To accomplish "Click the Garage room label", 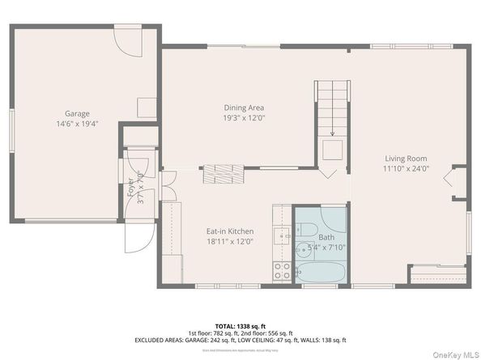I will point(77,114).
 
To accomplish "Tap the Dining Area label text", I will point(244,108).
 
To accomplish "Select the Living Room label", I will point(406,159).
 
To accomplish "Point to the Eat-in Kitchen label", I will point(230,231).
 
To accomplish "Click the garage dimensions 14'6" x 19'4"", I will point(77,125).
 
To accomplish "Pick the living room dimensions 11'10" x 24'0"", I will point(406,169).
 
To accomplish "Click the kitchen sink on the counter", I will point(282,236).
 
